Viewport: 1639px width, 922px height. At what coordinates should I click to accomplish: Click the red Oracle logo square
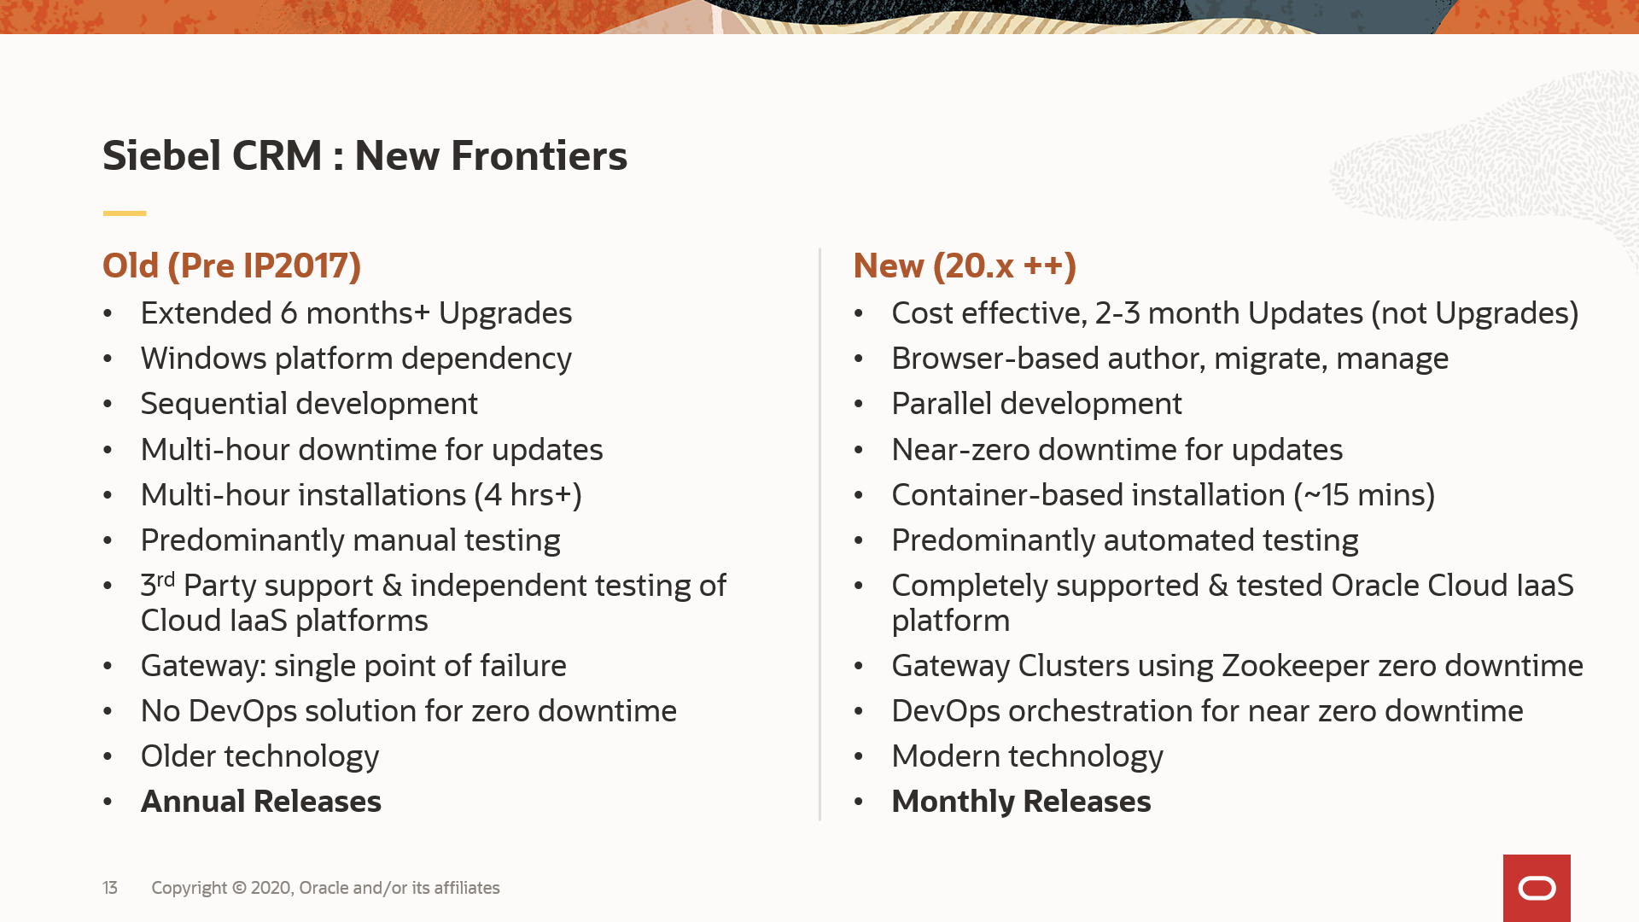(x=1537, y=888)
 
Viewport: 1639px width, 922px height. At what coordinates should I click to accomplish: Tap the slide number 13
(x=110, y=888)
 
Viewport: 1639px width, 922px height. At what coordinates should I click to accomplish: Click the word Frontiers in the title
(x=539, y=155)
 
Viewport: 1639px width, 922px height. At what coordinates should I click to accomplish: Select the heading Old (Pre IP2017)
(x=232, y=266)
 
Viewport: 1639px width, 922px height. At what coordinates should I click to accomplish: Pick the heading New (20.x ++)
(x=965, y=266)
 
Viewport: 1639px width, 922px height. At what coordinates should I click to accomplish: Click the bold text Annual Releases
(x=261, y=801)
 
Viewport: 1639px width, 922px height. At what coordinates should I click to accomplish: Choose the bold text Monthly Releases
(x=1021, y=801)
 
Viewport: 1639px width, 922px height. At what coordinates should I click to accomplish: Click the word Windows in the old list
(x=204, y=359)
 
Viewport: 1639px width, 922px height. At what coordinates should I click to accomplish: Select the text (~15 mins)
(x=1364, y=495)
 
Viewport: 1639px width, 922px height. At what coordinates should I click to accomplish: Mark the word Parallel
(x=942, y=404)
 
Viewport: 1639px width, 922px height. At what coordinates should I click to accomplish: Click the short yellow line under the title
(x=125, y=213)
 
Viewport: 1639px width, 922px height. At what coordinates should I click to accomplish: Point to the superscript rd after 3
(x=166, y=580)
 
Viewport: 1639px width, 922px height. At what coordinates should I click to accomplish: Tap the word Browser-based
(x=996, y=359)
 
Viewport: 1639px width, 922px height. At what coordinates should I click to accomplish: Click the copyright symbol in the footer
(x=239, y=888)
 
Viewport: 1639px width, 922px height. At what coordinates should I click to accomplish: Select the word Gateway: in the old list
(x=203, y=666)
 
